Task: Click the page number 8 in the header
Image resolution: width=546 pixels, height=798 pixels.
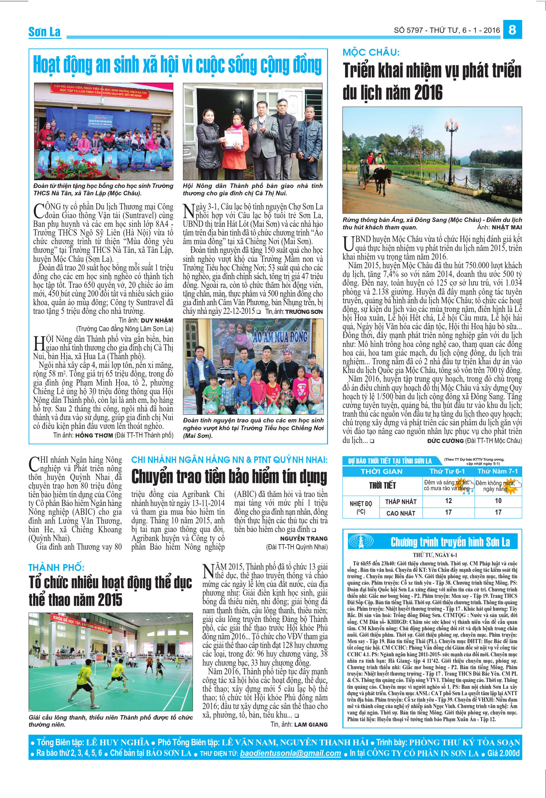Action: pyautogui.click(x=512, y=30)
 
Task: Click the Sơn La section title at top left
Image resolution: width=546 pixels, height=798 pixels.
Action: pyautogui.click(x=45, y=32)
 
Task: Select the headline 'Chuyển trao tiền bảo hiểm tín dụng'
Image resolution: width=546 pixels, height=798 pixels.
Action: pyautogui.click(x=229, y=477)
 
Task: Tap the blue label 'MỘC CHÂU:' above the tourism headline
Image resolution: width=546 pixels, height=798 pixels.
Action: pyautogui.click(x=371, y=53)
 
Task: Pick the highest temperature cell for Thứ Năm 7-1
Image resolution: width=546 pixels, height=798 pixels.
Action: pyautogui.click(x=498, y=512)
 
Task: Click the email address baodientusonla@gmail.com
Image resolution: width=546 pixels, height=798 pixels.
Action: pyautogui.click(x=290, y=753)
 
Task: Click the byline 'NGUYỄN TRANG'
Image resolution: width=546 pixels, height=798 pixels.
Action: pyautogui.click(x=304, y=538)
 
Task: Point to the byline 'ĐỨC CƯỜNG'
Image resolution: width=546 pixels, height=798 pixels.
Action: pyautogui.click(x=445, y=440)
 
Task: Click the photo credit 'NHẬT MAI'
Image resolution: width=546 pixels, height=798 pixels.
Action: pyautogui.click(x=506, y=227)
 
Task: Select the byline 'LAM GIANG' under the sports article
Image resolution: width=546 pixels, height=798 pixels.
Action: pyautogui.click(x=311, y=724)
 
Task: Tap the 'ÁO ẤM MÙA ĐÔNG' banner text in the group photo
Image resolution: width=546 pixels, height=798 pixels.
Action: pyautogui.click(x=280, y=336)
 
